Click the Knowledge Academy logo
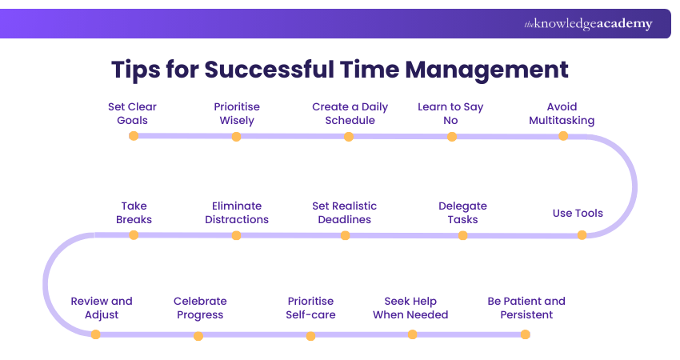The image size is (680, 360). pos(588,24)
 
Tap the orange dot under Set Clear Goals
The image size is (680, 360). pos(134,136)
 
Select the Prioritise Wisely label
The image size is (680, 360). pos(237,114)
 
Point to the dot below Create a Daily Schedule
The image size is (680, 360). pos(349,137)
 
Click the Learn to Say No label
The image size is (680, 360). pos(451,114)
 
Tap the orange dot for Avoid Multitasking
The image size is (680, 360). pos(563,136)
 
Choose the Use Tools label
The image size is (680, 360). pos(578,213)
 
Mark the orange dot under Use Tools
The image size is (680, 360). pos(582,235)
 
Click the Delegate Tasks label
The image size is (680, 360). pos(462,213)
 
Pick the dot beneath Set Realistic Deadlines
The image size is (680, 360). pos(345,235)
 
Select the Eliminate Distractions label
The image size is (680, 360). pos(237,213)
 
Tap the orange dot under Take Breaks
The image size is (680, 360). pos(134,235)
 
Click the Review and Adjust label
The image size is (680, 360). pos(102,308)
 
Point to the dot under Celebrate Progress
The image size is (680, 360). pos(198,336)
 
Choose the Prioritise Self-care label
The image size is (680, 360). pos(310,308)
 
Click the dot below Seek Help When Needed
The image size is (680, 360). pos(412,334)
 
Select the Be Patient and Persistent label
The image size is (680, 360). pos(526,308)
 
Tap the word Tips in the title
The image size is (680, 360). pos(135,70)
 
